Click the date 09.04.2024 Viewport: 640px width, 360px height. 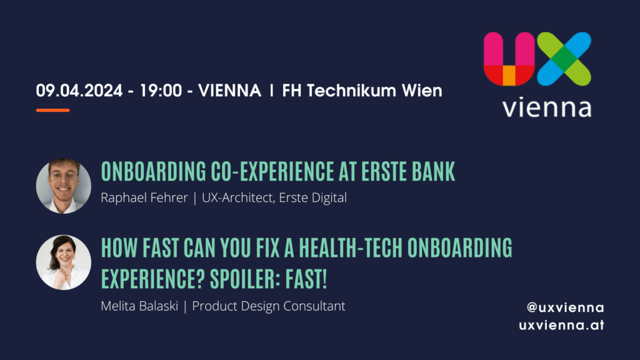point(79,91)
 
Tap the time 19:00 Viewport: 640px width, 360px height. point(161,91)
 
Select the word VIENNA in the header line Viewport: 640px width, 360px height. point(229,91)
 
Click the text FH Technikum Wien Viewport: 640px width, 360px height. point(362,91)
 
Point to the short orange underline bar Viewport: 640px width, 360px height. point(52,110)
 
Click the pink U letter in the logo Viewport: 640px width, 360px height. point(509,59)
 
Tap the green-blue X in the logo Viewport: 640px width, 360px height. point(564,59)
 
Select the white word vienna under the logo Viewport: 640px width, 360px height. point(547,107)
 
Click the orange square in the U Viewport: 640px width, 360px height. point(509,76)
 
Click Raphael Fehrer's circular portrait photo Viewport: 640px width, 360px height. point(64,186)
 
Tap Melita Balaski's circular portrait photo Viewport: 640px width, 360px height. point(64,262)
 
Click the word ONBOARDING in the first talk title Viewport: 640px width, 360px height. point(154,171)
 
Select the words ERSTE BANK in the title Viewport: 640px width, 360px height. point(407,171)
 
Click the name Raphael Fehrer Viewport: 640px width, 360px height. point(144,197)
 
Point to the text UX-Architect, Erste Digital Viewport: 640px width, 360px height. point(274,198)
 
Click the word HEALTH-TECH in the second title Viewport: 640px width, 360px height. point(351,247)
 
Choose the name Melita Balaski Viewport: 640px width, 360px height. point(139,306)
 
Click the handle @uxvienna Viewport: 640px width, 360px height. point(565,307)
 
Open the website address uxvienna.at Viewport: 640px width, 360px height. point(561,325)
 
